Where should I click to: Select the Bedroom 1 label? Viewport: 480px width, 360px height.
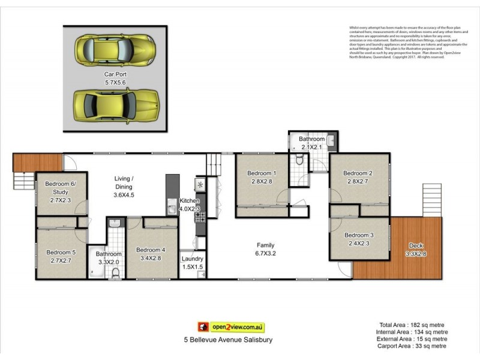pyautogui.click(x=262, y=174)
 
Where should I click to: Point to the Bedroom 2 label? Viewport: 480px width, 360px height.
pyautogui.click(x=359, y=173)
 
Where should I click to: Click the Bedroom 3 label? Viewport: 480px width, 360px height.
pyautogui.click(x=359, y=235)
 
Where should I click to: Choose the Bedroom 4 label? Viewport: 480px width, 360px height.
pyautogui.click(x=151, y=250)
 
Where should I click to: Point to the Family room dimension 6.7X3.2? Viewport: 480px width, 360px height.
pyautogui.click(x=265, y=253)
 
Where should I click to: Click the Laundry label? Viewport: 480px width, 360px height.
pyautogui.click(x=193, y=259)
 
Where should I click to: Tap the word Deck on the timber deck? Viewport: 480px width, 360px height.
pyautogui.click(x=415, y=245)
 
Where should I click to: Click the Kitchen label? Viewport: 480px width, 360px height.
pyautogui.click(x=190, y=201)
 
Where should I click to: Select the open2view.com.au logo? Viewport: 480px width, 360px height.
pyautogui.click(x=232, y=327)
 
